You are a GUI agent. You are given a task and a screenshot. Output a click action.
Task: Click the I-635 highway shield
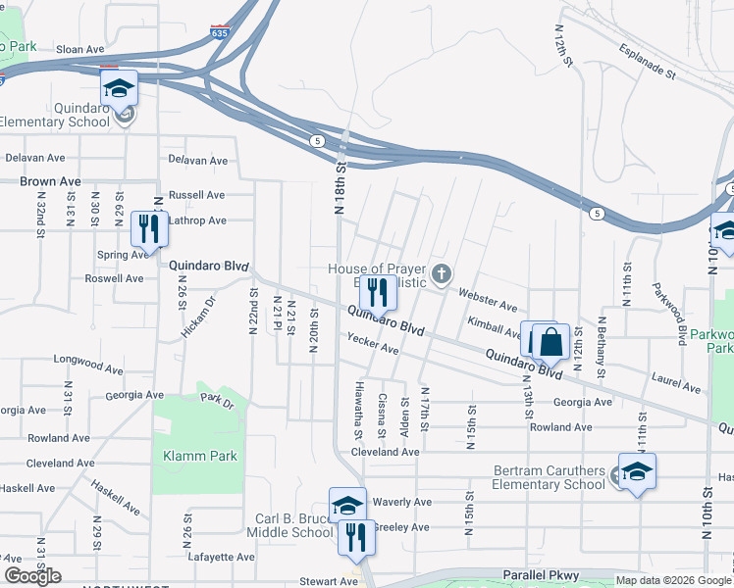click(x=221, y=31)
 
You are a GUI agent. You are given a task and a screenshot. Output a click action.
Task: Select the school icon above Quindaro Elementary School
click(x=119, y=88)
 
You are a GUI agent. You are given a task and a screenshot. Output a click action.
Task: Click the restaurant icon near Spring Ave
click(x=149, y=229)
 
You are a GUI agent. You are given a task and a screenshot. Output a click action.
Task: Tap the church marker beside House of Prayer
click(x=442, y=272)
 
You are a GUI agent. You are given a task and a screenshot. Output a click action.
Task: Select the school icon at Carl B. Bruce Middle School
click(x=347, y=506)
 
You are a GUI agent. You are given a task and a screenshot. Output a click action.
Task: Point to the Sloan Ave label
click(x=80, y=49)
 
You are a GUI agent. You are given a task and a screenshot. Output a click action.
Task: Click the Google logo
click(x=32, y=576)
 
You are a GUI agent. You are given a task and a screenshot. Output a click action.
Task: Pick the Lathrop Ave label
click(x=197, y=220)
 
